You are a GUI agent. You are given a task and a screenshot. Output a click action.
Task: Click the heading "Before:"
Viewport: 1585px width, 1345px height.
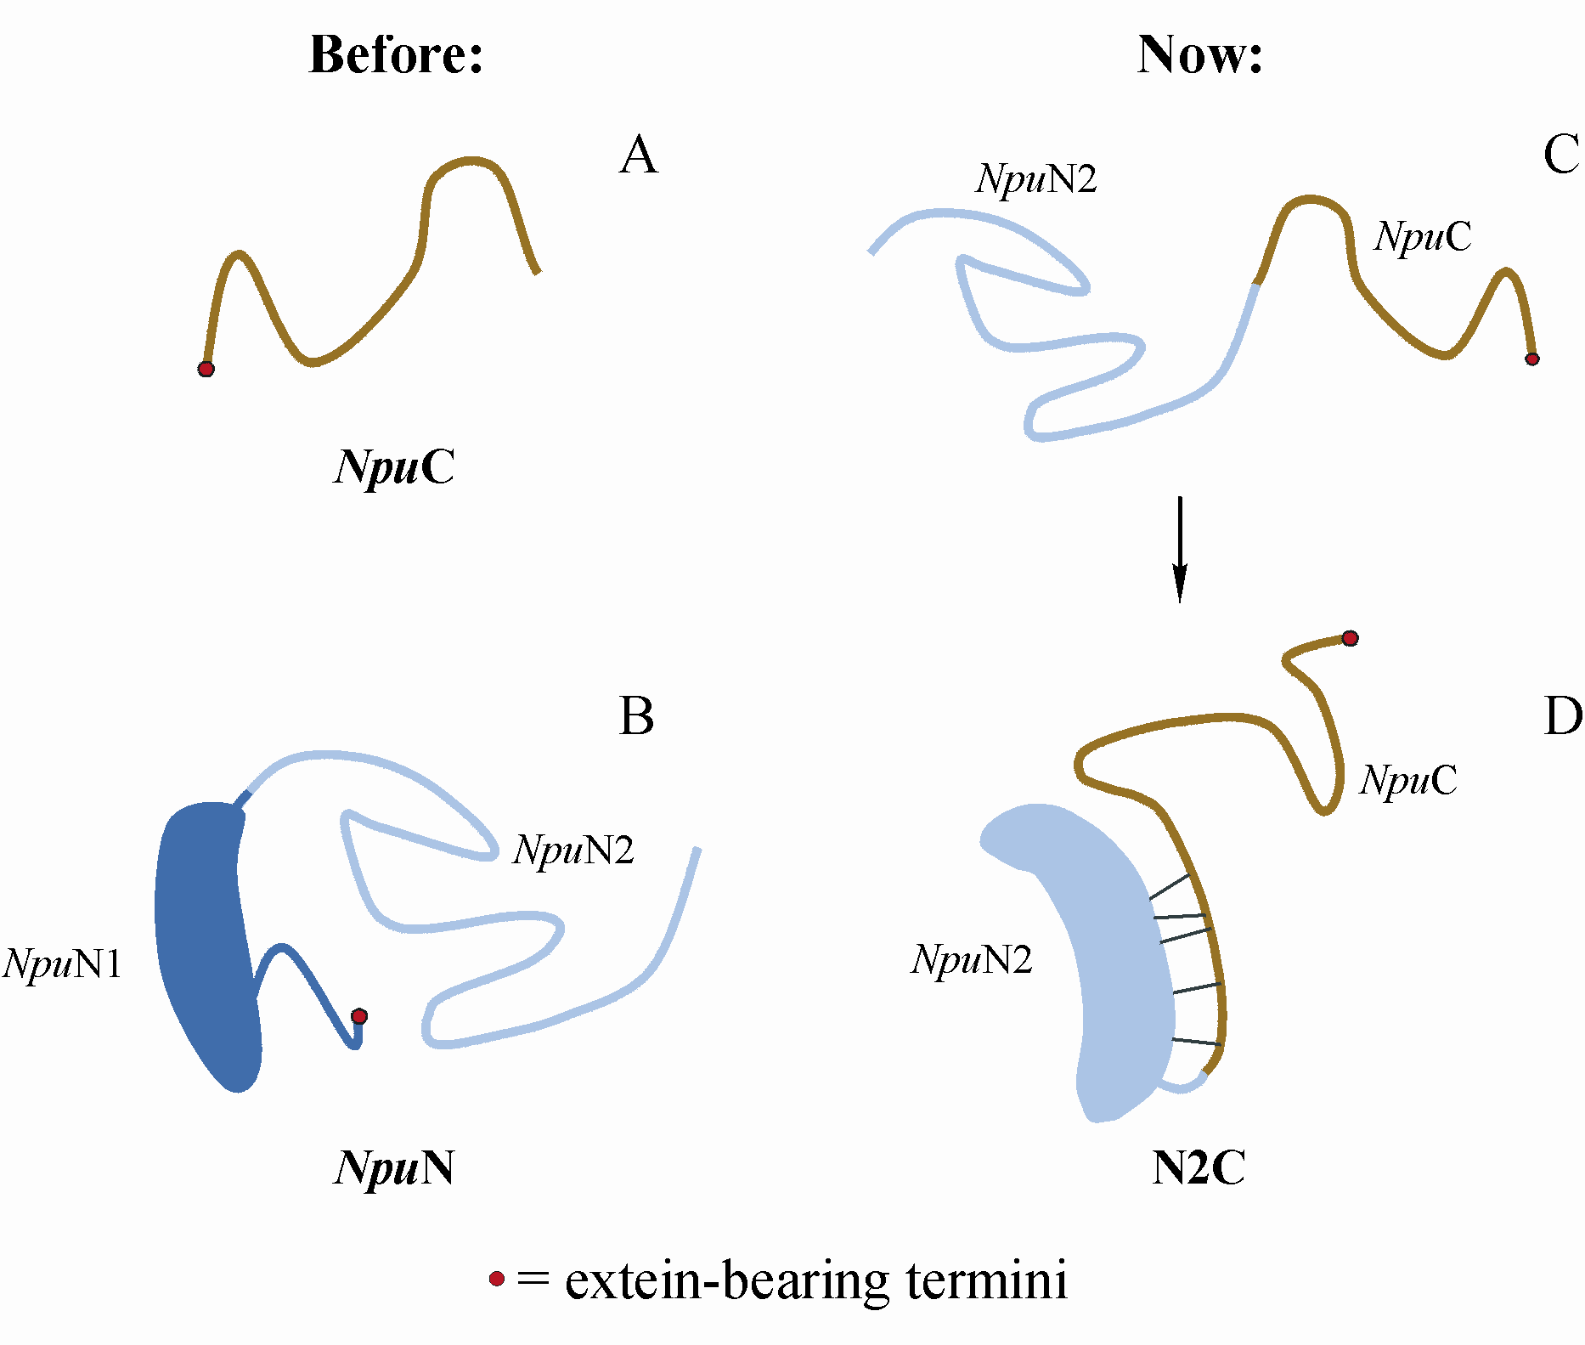coord(396,55)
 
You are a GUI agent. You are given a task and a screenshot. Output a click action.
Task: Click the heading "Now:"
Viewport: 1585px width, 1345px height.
coord(1199,55)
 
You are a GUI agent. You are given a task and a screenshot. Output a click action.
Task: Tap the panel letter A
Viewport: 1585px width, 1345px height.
coord(639,155)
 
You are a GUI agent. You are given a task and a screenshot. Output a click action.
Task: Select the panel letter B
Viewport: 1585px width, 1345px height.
coord(637,716)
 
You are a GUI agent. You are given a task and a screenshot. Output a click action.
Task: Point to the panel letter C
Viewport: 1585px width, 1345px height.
coord(1561,155)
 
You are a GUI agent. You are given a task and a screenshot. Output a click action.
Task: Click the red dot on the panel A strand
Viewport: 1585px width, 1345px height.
coord(206,369)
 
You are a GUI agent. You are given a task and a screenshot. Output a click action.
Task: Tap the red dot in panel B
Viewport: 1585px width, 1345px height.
coord(359,1016)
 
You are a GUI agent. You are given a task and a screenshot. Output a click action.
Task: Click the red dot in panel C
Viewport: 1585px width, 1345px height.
coord(1531,359)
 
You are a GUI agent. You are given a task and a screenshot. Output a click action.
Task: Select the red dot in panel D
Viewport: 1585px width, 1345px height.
coord(1350,638)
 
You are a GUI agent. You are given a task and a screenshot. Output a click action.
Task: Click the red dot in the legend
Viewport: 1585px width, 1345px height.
coord(497,1279)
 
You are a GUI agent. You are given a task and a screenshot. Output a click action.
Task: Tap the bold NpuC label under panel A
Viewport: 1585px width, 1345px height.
coord(395,467)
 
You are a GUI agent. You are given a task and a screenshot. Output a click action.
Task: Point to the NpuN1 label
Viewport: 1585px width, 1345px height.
coord(63,964)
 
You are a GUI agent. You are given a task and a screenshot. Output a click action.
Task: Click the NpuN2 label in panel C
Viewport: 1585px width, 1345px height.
coord(1036,179)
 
